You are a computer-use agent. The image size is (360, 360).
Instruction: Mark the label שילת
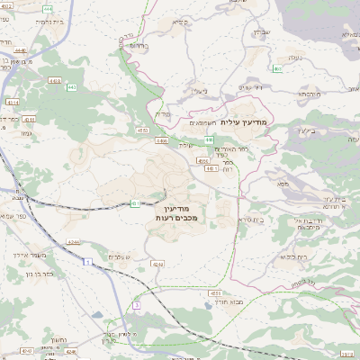click(x=186, y=145)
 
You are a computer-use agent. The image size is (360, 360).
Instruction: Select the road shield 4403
click(x=55, y=81)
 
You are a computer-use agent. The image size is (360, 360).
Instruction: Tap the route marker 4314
click(x=12, y=103)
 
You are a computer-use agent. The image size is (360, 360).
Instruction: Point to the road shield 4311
click(x=30, y=119)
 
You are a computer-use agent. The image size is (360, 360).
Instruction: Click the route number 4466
click(x=162, y=140)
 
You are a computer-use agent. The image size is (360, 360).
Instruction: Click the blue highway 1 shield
click(x=88, y=261)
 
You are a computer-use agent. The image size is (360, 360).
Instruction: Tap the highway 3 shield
click(x=136, y=306)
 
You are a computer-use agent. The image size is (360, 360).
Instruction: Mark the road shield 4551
click(x=214, y=293)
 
